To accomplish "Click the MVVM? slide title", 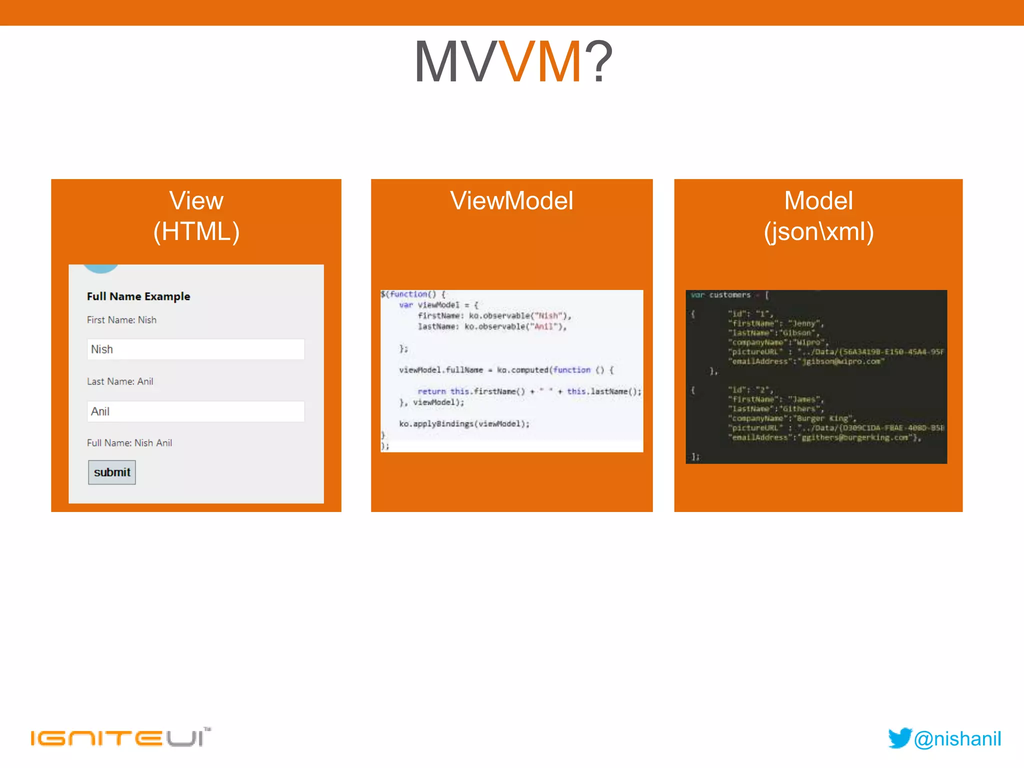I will [513, 61].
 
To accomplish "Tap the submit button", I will [111, 472].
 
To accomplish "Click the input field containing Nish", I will [195, 349].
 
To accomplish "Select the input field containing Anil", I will [195, 411].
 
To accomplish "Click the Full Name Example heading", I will [138, 296].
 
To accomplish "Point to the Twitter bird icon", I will [900, 738].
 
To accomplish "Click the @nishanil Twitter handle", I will [957, 739].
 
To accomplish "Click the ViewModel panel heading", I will [511, 201].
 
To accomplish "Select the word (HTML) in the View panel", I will [196, 231].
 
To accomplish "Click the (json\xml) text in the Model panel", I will [818, 231].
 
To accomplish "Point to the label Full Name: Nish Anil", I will [129, 443].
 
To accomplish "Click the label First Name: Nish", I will [121, 320].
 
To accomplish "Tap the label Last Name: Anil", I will [120, 381].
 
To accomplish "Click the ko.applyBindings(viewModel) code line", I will [464, 424].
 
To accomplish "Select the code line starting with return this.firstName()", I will [529, 391].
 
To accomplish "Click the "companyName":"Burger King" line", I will [792, 418].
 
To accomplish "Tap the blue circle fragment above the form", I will [101, 268].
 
